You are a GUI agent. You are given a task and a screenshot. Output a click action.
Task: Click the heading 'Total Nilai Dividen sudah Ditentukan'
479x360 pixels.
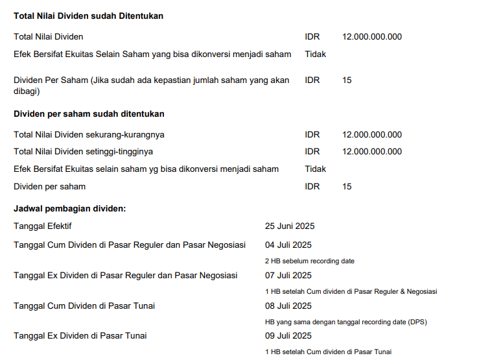(x=88, y=16)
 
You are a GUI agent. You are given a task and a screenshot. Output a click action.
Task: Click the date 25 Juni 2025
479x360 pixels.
(x=290, y=226)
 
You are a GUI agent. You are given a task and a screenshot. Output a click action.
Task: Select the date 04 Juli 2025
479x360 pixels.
(x=288, y=245)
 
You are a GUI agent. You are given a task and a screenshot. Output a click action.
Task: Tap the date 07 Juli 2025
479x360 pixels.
(x=288, y=276)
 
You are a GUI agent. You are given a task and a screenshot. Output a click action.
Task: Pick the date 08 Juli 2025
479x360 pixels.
(x=288, y=306)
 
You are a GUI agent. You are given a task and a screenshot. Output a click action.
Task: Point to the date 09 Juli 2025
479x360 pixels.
(x=288, y=336)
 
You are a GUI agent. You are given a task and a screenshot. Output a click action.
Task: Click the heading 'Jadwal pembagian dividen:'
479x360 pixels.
(x=69, y=209)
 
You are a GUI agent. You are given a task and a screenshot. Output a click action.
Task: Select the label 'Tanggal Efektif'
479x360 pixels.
(x=43, y=226)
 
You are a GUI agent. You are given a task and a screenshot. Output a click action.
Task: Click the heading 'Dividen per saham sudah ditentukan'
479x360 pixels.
(x=89, y=114)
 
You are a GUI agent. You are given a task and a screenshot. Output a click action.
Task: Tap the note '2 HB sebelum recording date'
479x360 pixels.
(x=310, y=261)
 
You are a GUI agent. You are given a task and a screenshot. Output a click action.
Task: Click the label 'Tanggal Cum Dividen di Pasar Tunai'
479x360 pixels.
(x=84, y=306)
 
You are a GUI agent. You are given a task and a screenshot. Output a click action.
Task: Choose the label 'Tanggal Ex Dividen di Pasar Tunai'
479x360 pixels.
(x=80, y=336)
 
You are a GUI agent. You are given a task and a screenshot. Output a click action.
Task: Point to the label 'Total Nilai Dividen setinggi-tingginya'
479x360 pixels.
(x=84, y=152)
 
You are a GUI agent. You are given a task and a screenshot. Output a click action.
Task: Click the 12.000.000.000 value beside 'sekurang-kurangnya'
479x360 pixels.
(x=372, y=135)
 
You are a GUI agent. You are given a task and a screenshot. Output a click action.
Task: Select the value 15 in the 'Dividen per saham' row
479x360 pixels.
(x=347, y=187)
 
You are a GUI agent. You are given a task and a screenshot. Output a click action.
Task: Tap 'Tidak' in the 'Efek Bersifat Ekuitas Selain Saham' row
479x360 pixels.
(x=315, y=54)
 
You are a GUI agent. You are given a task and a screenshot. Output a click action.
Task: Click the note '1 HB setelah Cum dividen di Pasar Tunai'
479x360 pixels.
(x=329, y=352)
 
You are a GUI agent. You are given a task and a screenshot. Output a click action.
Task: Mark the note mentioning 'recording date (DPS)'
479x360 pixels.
(x=346, y=322)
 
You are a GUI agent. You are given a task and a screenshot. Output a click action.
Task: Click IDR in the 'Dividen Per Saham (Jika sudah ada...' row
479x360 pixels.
(x=312, y=80)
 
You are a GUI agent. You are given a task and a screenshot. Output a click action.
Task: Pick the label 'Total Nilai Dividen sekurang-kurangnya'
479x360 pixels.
(x=89, y=135)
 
